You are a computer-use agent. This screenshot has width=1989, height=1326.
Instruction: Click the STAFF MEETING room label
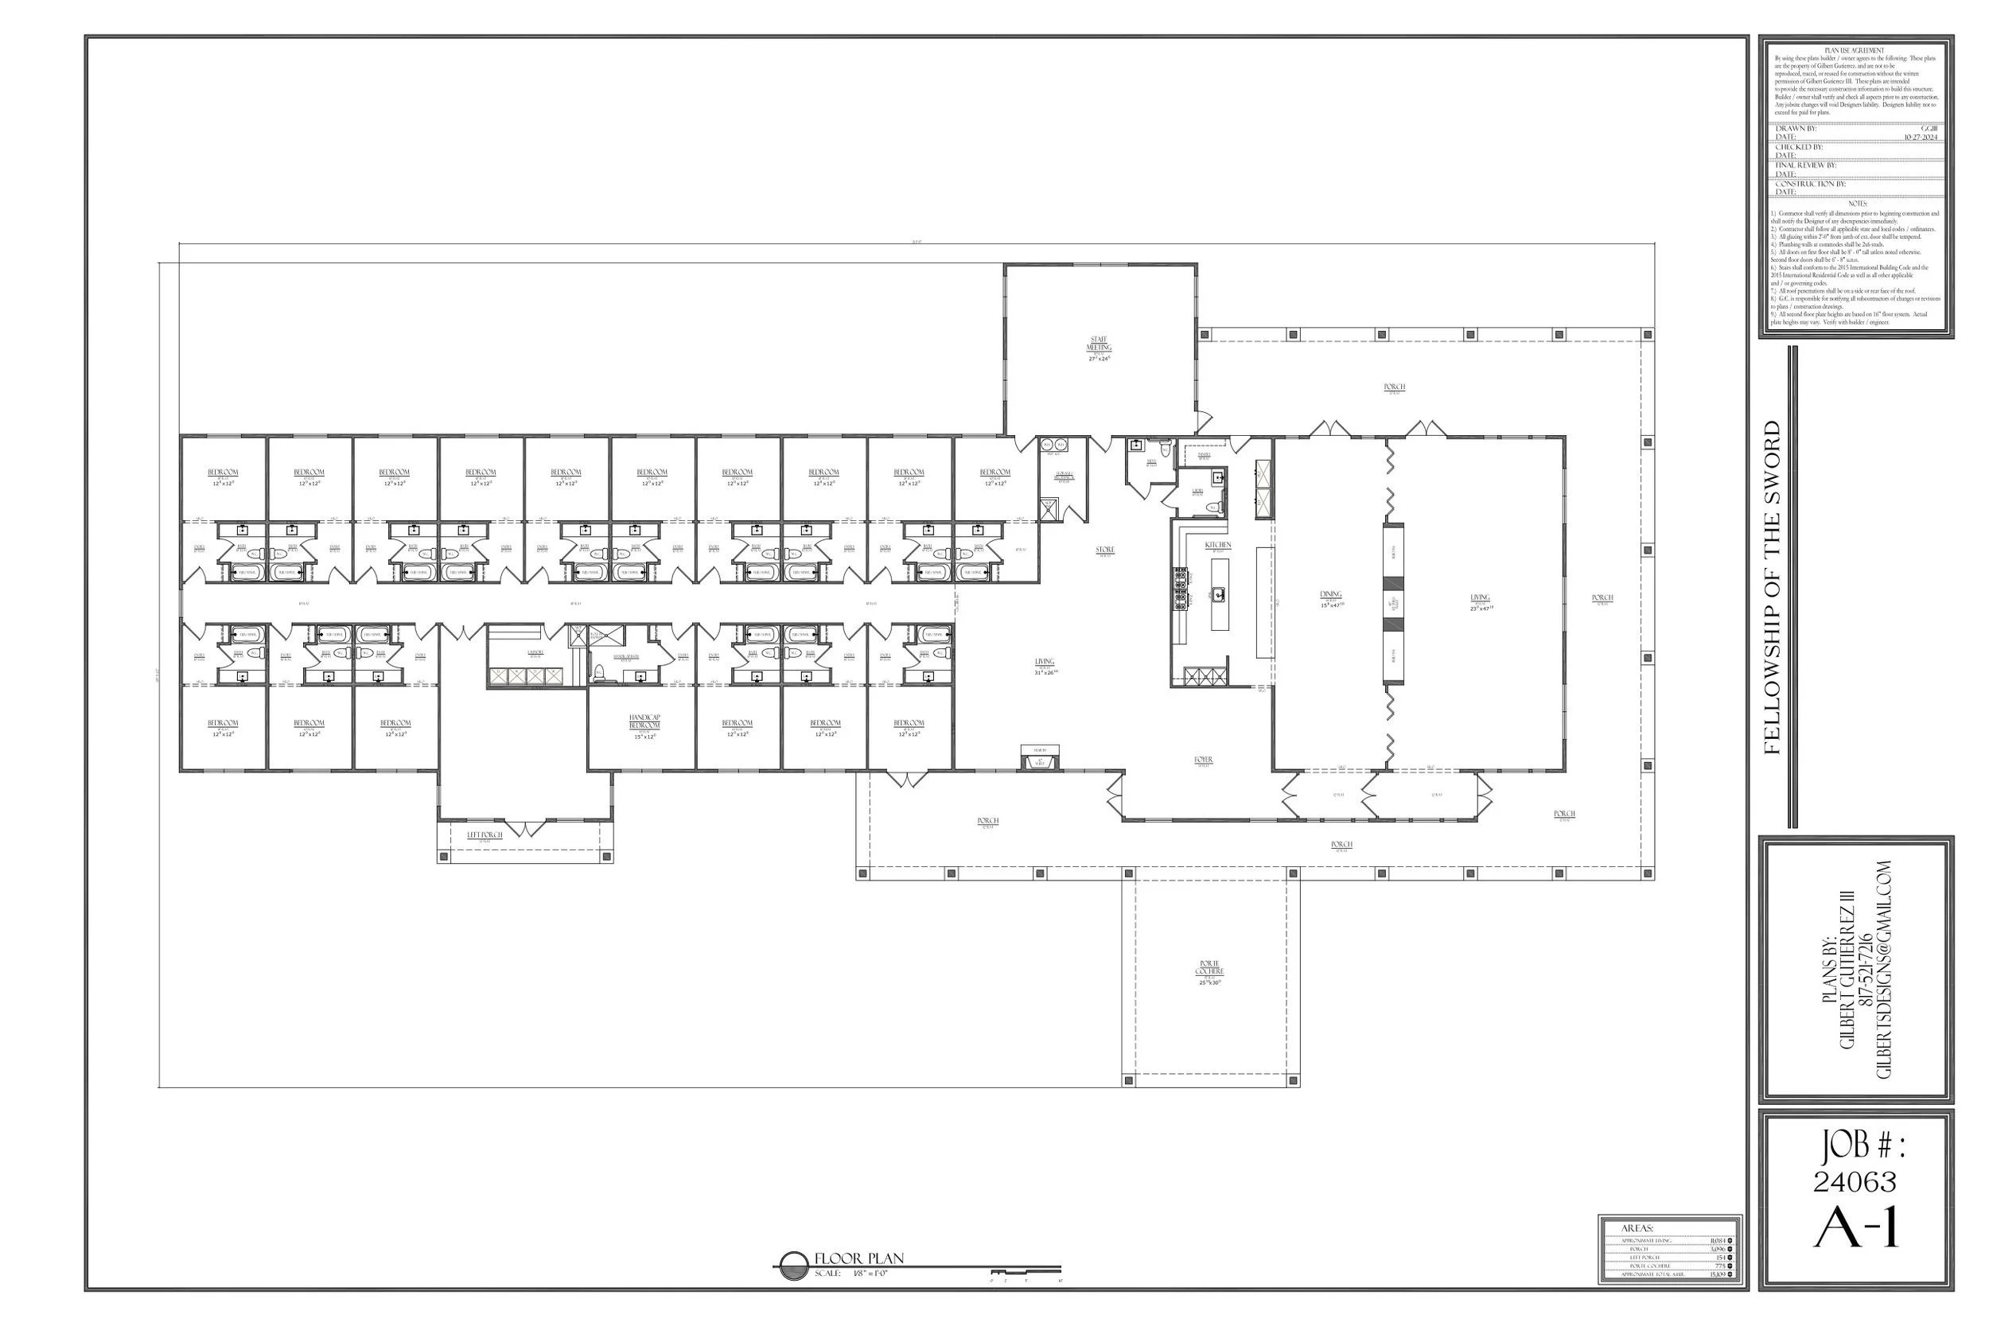coord(1099,344)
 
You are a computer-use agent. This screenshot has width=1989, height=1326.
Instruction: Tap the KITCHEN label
coord(1218,546)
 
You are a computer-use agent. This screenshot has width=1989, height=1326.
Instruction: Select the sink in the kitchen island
coord(1219,595)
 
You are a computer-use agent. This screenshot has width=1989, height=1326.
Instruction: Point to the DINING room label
coord(1331,594)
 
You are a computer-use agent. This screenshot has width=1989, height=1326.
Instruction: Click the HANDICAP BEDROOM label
coord(644,721)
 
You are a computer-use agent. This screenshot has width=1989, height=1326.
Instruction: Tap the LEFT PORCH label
coord(485,834)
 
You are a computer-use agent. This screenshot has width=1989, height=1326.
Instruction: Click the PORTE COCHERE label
coord(1209,967)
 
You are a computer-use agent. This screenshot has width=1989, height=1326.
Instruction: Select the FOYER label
coord(1204,760)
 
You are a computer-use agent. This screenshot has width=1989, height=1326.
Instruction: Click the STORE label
coord(1105,550)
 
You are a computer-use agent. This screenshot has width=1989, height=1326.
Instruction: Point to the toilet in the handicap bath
coord(600,673)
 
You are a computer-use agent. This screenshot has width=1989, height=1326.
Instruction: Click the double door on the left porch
coord(524,828)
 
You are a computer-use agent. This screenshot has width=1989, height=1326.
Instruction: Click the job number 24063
coord(1855,1181)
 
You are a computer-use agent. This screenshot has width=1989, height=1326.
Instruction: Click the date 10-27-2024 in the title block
coord(1920,137)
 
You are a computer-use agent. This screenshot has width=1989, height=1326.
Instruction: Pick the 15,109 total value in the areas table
coord(1717,1274)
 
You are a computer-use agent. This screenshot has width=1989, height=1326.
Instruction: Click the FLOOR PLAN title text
coord(858,1258)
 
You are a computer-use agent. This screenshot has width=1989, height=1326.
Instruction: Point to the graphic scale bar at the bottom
coord(1025,1272)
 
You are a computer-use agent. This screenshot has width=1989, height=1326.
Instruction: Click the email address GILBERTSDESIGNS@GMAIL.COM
coord(1884,969)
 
